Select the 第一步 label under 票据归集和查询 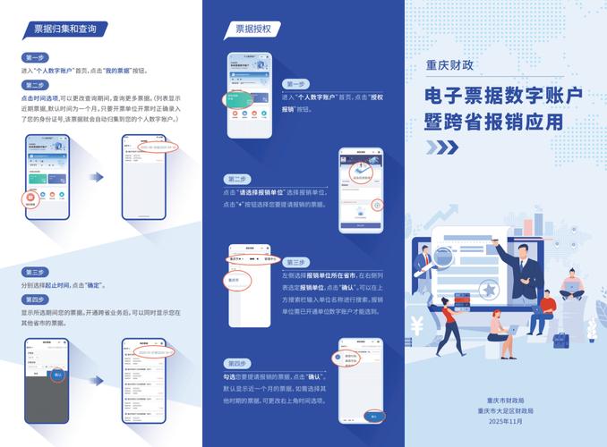click(32, 57)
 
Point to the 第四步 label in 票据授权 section click(237, 364)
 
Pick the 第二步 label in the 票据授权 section click(237, 179)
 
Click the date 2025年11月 click(505, 421)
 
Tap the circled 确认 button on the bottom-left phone click(57, 375)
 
